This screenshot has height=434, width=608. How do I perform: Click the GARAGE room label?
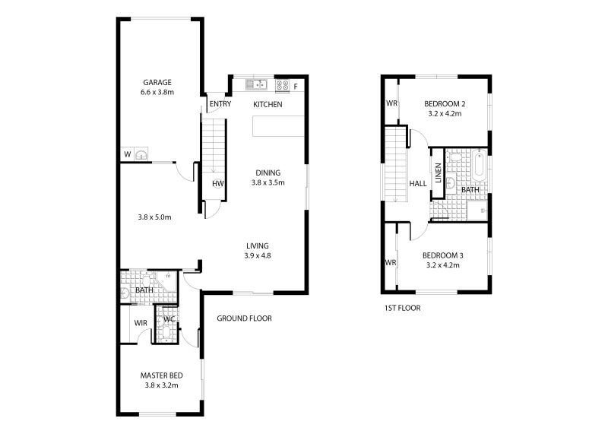[157, 83]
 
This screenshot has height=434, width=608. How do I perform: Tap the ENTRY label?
[220, 104]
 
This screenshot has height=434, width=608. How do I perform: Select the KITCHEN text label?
[268, 104]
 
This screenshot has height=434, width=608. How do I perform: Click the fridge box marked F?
[296, 85]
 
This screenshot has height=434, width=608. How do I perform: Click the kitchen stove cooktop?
[281, 85]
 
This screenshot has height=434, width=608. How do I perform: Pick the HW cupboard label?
[217, 184]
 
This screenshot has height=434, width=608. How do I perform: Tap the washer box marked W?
[126, 155]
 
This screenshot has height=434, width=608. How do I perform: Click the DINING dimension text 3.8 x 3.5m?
[268, 183]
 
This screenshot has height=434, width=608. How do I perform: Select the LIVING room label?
[258, 246]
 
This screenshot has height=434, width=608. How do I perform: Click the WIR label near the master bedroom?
[141, 323]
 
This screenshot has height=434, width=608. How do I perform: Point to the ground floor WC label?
[169, 319]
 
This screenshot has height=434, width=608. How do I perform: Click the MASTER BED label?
[161, 375]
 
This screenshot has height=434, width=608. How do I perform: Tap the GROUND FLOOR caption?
[244, 318]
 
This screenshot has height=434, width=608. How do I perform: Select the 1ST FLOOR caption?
[402, 308]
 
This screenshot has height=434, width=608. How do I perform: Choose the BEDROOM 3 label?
[444, 255]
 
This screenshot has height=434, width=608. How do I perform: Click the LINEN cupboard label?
[438, 173]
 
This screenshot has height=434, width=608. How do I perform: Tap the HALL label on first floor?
[417, 184]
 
